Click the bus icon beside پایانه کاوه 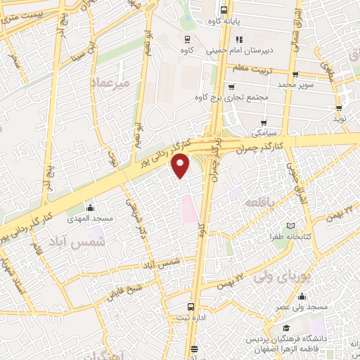pyautogui.click(x=224, y=10)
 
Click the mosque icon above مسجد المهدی pyautogui.click(x=90, y=207)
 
